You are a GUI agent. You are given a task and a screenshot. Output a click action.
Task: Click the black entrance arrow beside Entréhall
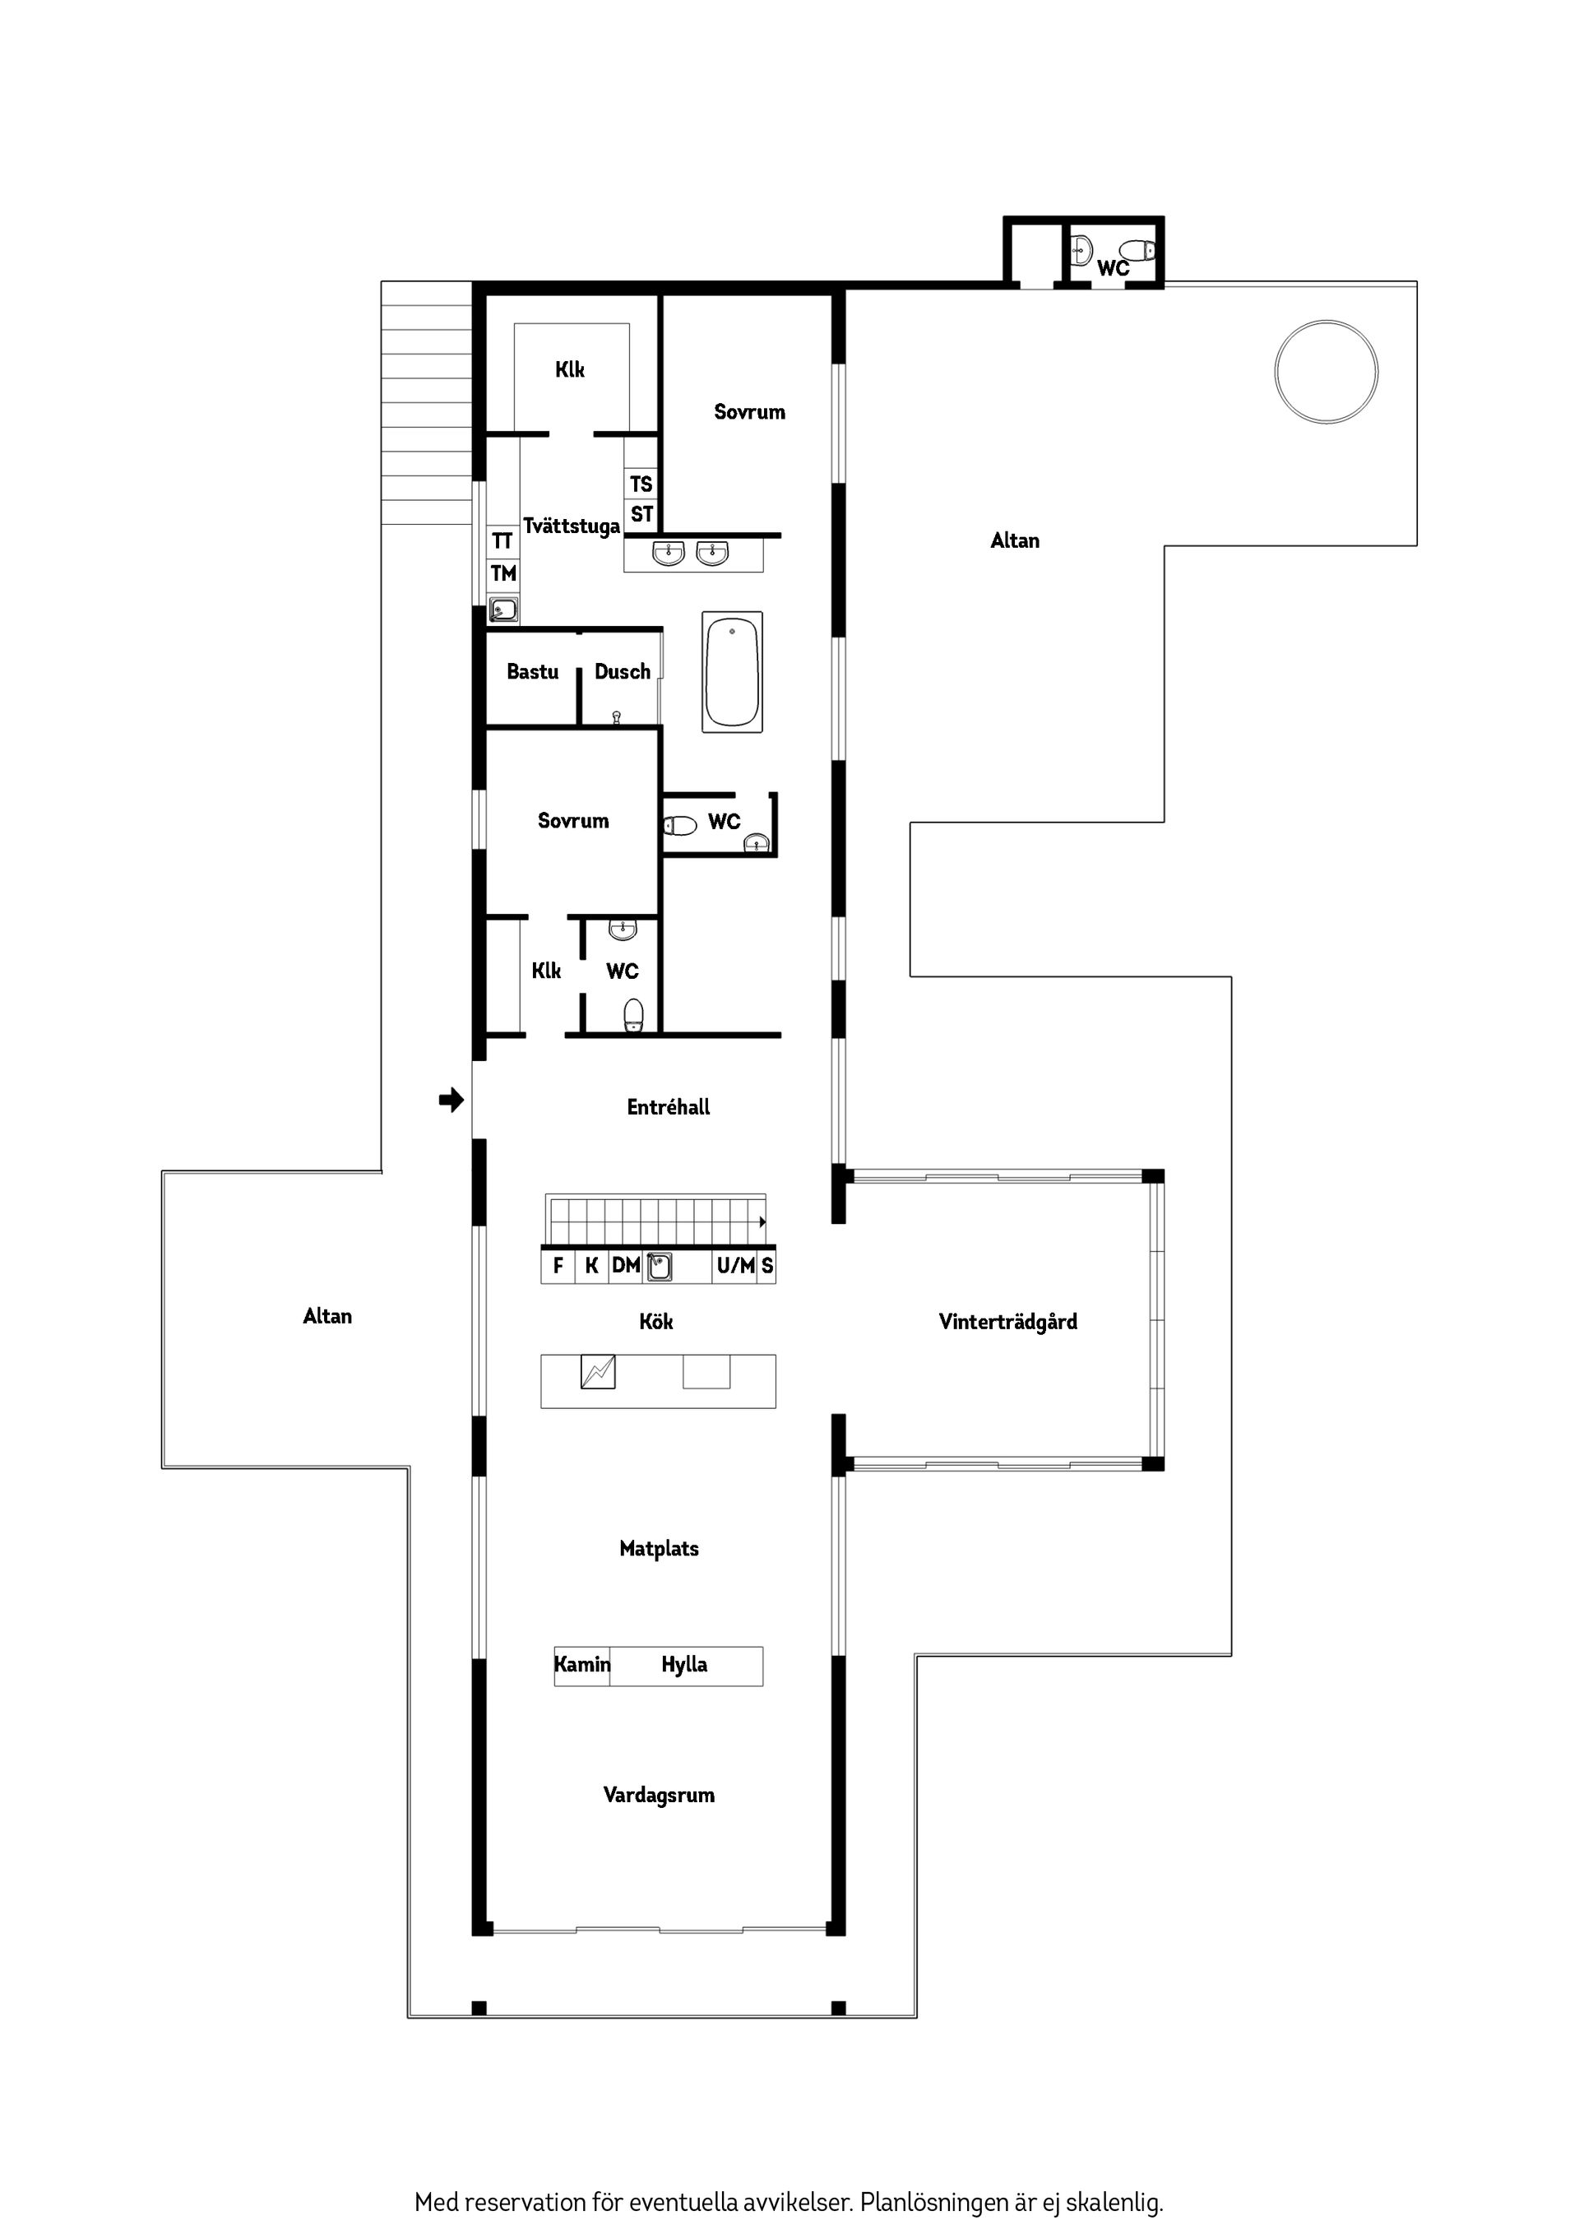451,1101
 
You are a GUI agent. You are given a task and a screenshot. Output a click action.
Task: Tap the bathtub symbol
732,671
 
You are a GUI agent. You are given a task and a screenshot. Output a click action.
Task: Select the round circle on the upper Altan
1325,371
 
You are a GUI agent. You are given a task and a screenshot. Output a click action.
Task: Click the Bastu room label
532,671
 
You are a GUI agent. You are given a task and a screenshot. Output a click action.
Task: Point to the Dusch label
622,671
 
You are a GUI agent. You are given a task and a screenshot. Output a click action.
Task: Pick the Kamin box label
581,1664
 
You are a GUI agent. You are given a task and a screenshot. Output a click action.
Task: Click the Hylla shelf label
684,1664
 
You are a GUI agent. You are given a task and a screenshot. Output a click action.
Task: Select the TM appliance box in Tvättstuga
503,573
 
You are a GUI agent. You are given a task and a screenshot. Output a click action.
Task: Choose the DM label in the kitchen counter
626,1265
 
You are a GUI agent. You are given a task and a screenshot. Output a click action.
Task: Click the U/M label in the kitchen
735,1265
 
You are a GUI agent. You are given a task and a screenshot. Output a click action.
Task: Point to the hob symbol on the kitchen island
597,1372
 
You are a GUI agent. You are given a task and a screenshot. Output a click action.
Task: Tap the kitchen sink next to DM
660,1266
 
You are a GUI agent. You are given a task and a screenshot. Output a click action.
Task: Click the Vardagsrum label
659,1795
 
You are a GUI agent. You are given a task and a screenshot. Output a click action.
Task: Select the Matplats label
659,1548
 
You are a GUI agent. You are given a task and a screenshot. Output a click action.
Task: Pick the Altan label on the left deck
326,1316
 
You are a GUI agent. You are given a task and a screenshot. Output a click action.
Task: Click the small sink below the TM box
503,610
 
